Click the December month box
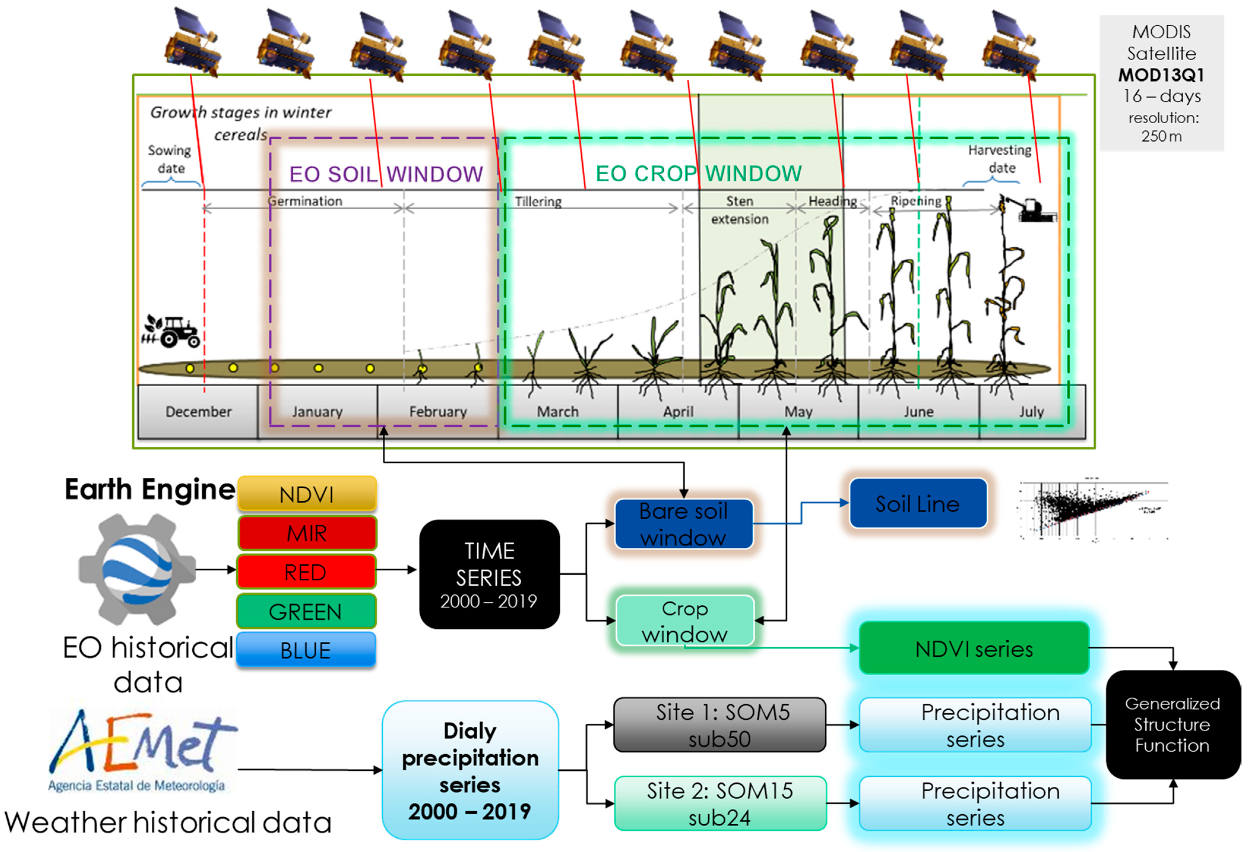(198, 412)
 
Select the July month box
(1031, 412)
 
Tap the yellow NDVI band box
(307, 494)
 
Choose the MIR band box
(307, 533)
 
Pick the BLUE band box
(305, 650)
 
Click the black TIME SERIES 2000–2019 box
(489, 574)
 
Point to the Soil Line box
(918, 503)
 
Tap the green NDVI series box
(974, 649)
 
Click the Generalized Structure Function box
(1172, 724)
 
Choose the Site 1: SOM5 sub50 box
(720, 725)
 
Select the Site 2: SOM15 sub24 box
(720, 804)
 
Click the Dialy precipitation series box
(470, 770)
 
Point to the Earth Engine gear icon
(137, 569)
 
